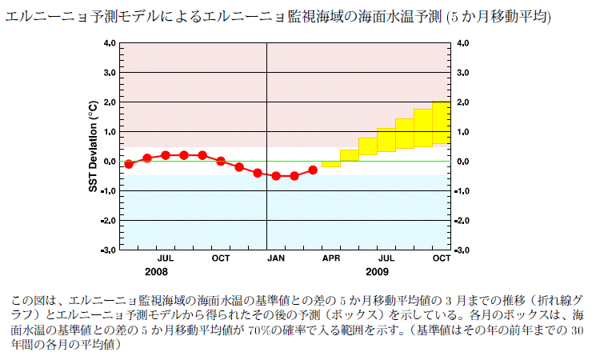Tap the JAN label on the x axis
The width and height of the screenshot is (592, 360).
pos(276,258)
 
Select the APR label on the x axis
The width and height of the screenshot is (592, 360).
pos(331,258)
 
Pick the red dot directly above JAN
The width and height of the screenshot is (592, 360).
pos(276,176)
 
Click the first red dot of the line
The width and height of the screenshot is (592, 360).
pos(129,164)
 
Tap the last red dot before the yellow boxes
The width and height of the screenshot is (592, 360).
pos(313,170)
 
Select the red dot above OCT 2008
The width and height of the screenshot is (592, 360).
pos(221,161)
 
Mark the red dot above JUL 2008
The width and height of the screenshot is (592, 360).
pos(166,155)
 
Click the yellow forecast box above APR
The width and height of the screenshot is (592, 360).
pos(331,164)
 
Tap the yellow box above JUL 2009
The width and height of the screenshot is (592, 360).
pos(386,139)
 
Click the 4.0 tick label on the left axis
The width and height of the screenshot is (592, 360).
pos(109,43)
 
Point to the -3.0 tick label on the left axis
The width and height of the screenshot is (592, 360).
pos(107,250)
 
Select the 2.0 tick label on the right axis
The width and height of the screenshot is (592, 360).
pos(462,102)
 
